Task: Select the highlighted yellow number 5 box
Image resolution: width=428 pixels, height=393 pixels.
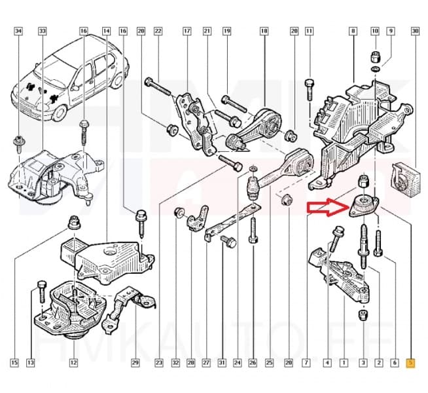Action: click(410, 362)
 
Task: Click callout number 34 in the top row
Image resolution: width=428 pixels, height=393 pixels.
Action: click(18, 31)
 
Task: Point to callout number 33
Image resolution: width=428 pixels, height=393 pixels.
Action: click(43, 31)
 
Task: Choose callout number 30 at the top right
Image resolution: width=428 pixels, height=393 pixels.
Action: click(414, 31)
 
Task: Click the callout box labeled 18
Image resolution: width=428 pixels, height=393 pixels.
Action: click(264, 31)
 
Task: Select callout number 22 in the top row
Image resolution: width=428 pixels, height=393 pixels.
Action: click(158, 31)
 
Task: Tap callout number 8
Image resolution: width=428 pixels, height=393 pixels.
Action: click(353, 31)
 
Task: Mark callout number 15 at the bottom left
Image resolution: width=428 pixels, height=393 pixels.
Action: click(14, 362)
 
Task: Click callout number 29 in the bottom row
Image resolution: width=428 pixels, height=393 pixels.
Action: click(135, 362)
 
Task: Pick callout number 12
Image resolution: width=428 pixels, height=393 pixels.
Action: click(73, 362)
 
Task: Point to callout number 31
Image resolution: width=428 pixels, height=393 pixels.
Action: click(222, 362)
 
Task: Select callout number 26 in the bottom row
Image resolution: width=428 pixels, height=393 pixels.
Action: click(253, 362)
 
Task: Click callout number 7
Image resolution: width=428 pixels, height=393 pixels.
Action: click(306, 362)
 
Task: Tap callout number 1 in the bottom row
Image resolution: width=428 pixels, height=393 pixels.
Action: click(344, 362)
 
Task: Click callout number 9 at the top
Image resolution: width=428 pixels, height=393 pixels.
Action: click(391, 31)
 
